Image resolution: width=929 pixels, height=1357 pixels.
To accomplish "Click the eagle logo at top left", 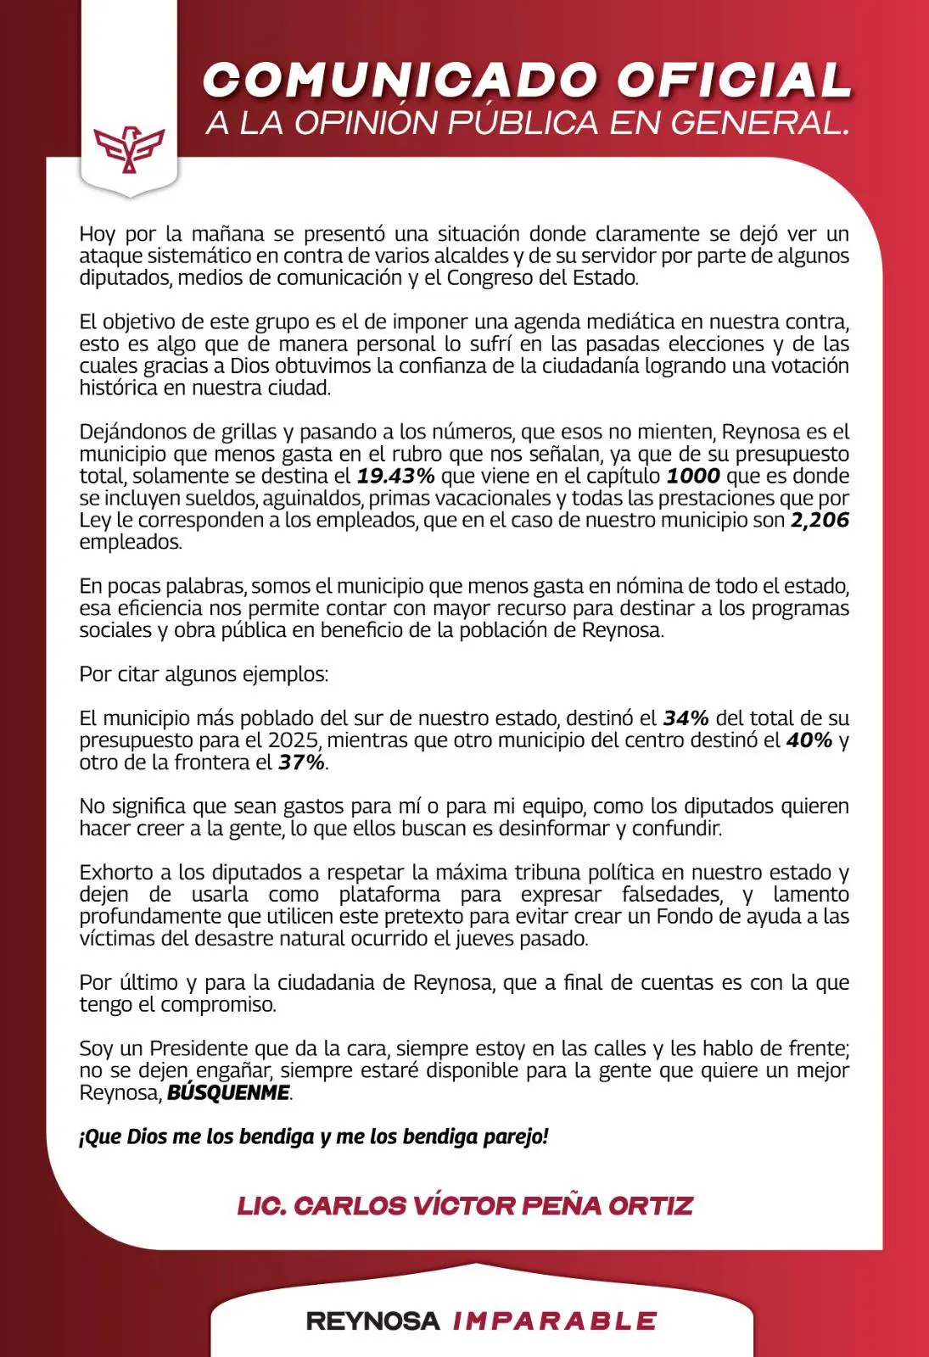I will (129, 148).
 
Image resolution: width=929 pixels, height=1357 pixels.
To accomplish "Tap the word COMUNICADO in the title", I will (401, 81).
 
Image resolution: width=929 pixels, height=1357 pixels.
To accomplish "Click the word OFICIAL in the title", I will (734, 81).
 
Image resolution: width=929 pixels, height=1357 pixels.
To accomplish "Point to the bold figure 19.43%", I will (395, 476).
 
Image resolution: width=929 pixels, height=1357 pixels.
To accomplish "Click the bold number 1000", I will (693, 476).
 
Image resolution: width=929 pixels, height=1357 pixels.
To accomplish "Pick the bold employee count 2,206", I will (820, 520).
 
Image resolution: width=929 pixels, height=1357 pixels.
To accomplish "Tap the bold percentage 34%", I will (686, 718).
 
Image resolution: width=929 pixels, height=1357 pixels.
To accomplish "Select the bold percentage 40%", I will (809, 740).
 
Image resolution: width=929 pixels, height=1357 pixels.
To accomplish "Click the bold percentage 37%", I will (301, 762).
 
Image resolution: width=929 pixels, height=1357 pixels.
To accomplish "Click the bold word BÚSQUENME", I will (228, 1092).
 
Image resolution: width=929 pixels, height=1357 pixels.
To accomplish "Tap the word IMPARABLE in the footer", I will (555, 1321).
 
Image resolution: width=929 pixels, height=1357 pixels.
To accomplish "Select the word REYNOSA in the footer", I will (372, 1321).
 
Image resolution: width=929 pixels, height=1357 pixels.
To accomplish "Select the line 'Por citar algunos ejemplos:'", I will (204, 674).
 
